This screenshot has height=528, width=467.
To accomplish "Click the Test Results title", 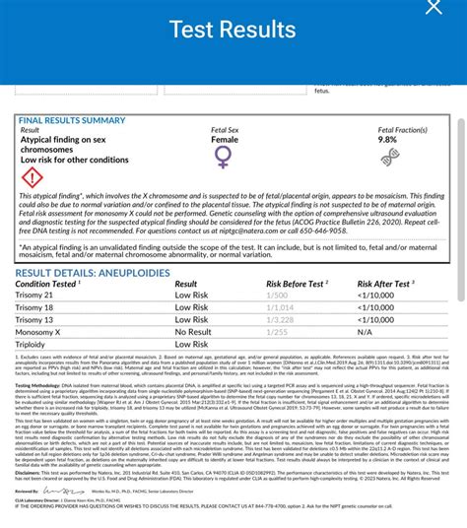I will tap(233, 30).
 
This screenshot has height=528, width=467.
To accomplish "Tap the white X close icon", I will tap(434, 8).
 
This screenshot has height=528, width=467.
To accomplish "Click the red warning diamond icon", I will tap(32, 178).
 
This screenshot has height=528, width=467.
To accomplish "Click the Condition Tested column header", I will tap(47, 284).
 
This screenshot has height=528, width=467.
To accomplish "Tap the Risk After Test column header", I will tap(390, 284).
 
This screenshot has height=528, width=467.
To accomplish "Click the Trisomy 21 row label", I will tap(34, 295).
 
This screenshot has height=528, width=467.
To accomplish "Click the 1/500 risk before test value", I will tap(276, 295).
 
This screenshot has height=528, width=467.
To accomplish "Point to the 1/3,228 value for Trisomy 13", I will tap(280, 320).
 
